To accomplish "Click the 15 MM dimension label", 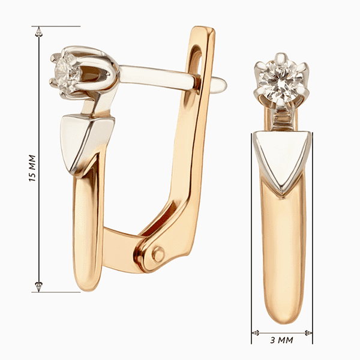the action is point(32,168).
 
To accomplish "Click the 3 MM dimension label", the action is point(281,340).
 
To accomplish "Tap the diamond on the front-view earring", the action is point(281,82).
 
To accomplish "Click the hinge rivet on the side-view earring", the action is point(158,254).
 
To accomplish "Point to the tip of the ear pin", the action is point(226,85).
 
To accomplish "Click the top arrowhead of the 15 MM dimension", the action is point(38,31).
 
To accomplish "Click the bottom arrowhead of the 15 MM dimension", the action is point(38,287).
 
